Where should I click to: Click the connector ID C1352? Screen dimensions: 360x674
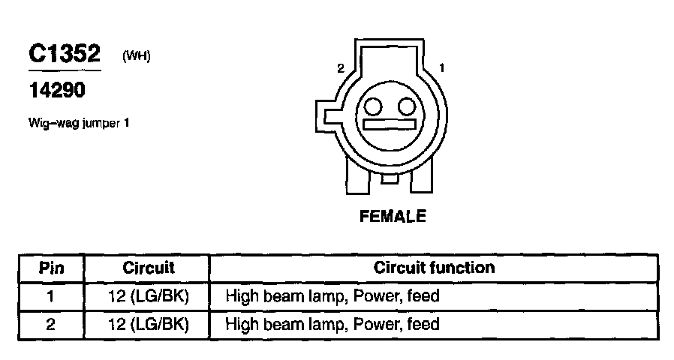tap(64, 54)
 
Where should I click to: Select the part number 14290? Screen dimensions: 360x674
tap(57, 91)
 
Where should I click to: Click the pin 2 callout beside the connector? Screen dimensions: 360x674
tap(341, 68)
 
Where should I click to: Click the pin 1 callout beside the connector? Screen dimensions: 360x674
tap(442, 68)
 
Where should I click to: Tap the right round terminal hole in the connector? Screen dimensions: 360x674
tap(405, 104)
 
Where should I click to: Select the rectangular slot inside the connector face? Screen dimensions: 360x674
tap(388, 124)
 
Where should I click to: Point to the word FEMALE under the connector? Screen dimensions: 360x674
tap(393, 217)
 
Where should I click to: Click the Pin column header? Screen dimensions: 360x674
tap(51, 268)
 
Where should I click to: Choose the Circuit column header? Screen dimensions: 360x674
tap(148, 268)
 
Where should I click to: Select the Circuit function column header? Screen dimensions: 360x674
tap(434, 268)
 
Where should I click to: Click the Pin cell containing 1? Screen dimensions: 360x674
tap(51, 296)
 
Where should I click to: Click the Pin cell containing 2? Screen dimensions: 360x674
tap(51, 324)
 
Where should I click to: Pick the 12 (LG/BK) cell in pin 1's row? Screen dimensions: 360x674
tap(148, 296)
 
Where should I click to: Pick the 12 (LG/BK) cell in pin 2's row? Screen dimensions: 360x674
tap(148, 324)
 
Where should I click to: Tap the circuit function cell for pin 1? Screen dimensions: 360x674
tap(332, 296)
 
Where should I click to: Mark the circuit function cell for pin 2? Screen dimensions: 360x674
tap(332, 324)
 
